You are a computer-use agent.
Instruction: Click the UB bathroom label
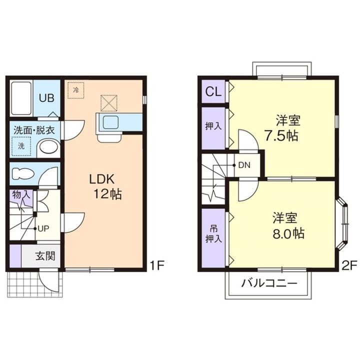46,98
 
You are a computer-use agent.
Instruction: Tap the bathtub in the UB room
21,98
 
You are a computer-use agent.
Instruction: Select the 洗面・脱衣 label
34,130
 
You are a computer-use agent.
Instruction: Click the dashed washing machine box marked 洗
21,146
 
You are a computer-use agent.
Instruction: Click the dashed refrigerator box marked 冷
76,90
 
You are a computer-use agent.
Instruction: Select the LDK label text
101,179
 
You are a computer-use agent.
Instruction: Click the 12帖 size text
107,194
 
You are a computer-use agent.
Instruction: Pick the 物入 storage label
21,194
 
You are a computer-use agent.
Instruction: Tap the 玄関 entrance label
45,256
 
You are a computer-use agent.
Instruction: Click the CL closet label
213,91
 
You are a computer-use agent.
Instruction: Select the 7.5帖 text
281,135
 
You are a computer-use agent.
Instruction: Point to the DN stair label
244,165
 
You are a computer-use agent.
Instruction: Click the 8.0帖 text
288,233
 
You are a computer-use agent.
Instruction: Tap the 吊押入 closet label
214,234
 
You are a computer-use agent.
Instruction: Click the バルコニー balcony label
269,283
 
